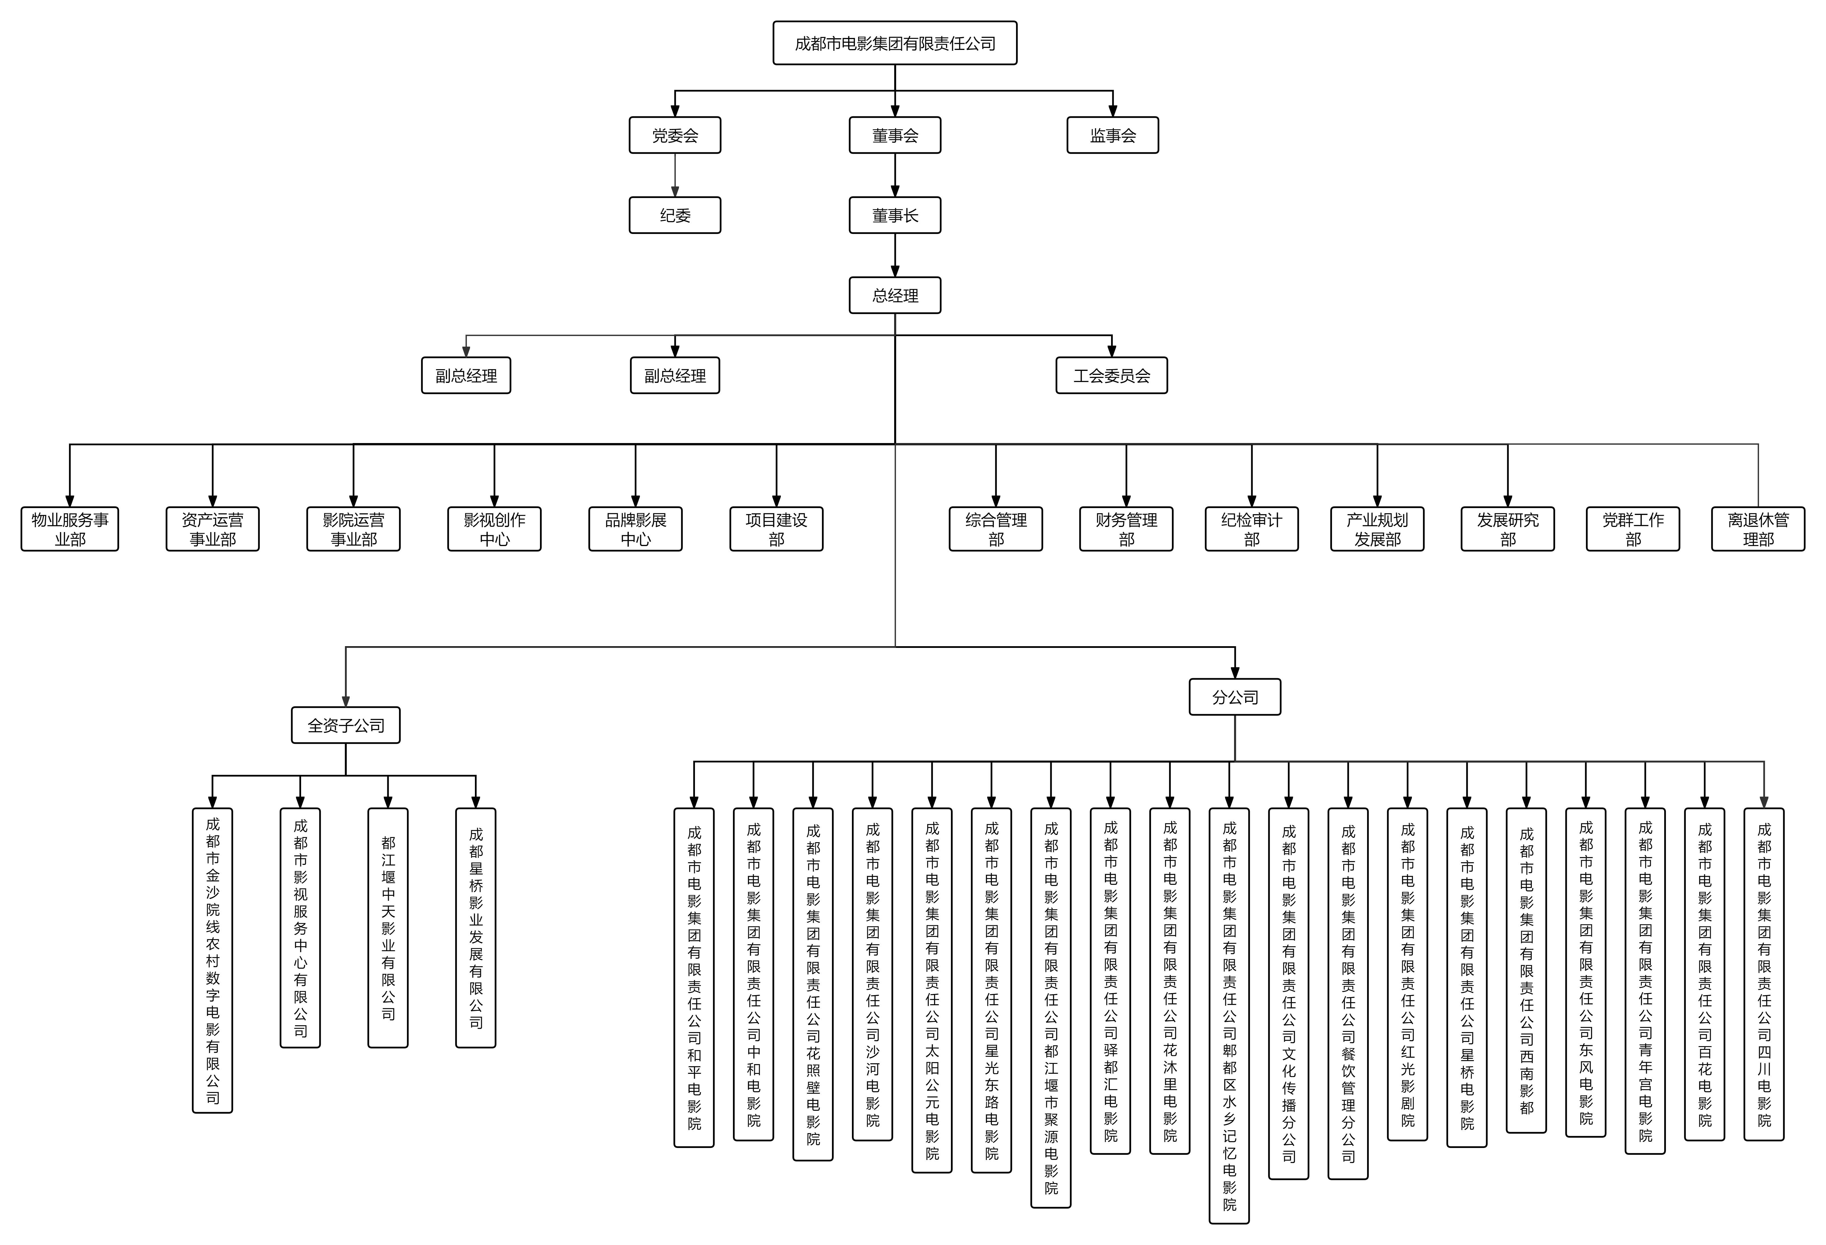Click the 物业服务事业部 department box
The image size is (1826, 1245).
[x=70, y=529]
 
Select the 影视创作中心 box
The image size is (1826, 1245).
[x=494, y=529]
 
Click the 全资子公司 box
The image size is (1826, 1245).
[x=346, y=725]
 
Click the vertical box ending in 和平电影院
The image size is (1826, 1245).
[x=694, y=977]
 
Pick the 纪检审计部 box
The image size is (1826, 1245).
[x=1252, y=529]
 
